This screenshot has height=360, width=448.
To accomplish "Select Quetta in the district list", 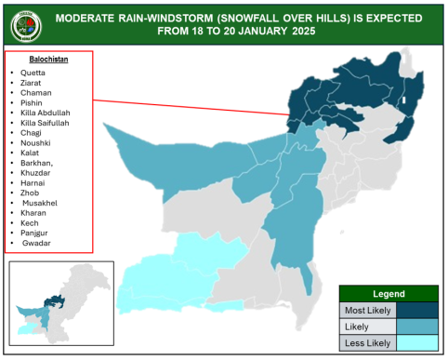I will [33, 73].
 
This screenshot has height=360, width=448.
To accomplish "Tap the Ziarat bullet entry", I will [32, 83].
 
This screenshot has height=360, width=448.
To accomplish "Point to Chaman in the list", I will [34, 93].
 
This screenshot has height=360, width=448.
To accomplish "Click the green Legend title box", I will [389, 294].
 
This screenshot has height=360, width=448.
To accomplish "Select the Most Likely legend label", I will [366, 311].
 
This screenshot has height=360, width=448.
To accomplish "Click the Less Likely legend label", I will [366, 342].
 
